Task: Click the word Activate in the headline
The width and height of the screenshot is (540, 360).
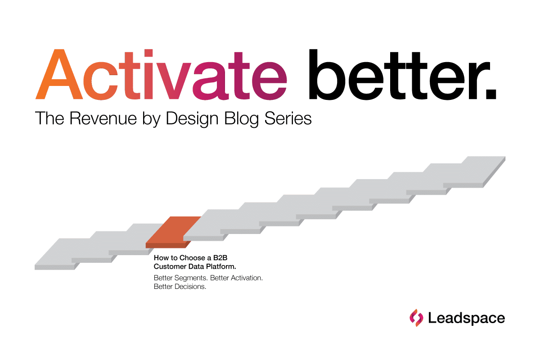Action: (x=161, y=74)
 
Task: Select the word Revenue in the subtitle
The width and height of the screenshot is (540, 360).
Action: (x=103, y=118)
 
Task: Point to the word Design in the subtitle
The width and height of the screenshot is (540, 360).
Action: (x=192, y=119)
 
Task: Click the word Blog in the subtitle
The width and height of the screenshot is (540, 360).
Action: (x=241, y=119)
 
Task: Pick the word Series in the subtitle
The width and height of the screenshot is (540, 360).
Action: (x=288, y=118)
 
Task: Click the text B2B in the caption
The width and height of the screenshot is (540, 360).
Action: (x=220, y=258)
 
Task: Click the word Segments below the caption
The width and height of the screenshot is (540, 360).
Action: (x=191, y=278)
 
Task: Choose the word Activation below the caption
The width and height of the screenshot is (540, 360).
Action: (x=247, y=278)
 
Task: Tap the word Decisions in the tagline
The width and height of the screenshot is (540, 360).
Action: (x=190, y=287)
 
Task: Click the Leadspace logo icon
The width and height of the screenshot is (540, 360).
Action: (x=416, y=318)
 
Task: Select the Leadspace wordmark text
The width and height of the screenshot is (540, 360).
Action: (x=467, y=318)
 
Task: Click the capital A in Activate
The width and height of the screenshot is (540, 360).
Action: (x=59, y=74)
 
